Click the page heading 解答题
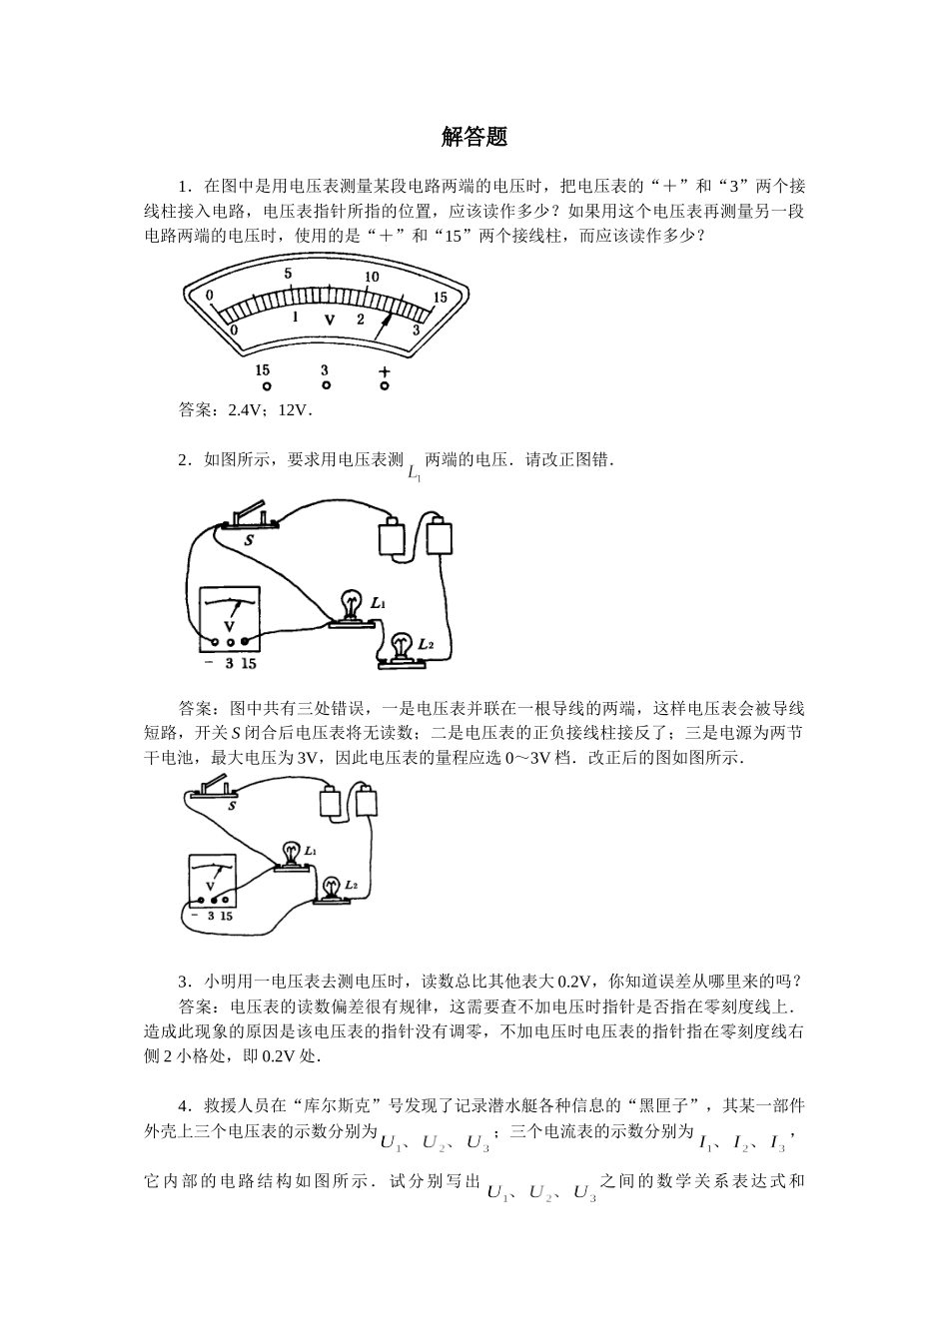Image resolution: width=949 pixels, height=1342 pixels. (474, 137)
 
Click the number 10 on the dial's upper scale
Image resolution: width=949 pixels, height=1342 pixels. (372, 277)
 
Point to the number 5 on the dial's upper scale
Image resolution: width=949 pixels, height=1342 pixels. (288, 274)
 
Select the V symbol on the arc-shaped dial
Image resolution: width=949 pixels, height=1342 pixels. (329, 320)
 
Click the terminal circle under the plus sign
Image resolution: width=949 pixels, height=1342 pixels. (385, 385)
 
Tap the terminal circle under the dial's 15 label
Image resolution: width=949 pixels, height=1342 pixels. (266, 385)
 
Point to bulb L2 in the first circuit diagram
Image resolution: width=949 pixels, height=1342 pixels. (401, 650)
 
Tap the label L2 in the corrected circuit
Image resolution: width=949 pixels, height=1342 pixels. (351, 885)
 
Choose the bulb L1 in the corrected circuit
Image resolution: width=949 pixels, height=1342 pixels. (292, 857)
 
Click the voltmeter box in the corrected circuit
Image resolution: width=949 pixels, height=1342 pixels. (212, 880)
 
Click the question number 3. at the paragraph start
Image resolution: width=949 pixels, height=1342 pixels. (185, 982)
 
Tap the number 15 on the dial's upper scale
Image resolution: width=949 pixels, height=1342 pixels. (440, 298)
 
